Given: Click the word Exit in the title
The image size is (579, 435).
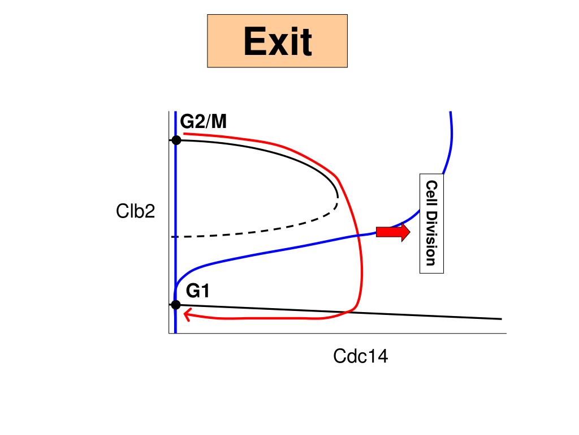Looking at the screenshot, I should [x=277, y=41].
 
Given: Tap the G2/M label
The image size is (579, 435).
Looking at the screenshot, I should [x=204, y=121].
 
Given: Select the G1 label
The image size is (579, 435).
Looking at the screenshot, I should [x=198, y=291].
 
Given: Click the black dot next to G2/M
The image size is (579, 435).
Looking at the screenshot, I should [x=176, y=140].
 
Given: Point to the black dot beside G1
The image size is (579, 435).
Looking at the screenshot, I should [x=176, y=305].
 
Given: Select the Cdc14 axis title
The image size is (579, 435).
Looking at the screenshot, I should [x=360, y=356].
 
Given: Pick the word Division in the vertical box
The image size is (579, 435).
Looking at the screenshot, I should [x=431, y=238].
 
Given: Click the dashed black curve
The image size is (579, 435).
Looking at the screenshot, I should [x=254, y=230].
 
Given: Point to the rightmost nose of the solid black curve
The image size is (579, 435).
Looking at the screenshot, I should [x=337, y=195].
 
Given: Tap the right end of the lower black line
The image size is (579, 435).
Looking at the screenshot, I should [x=501, y=319].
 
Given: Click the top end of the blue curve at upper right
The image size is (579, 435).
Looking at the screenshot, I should [x=450, y=113].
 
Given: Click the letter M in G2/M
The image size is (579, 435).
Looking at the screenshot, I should [x=218, y=121].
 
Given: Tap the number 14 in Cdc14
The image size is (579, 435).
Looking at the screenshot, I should [x=378, y=356].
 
